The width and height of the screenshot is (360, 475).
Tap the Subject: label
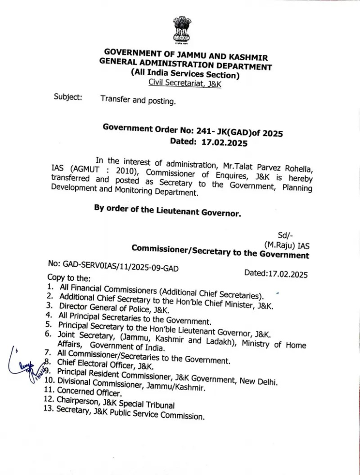(68, 97)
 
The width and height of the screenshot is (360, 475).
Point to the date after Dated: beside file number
(289, 274)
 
